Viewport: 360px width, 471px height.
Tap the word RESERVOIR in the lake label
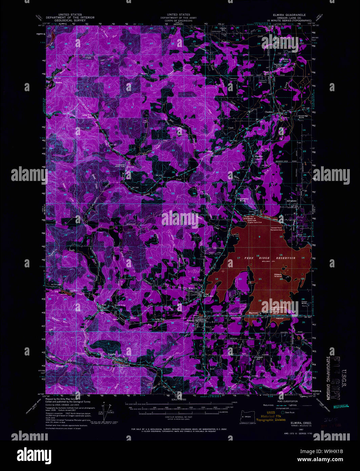point(286,258)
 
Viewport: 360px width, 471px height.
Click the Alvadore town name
point(292,201)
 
